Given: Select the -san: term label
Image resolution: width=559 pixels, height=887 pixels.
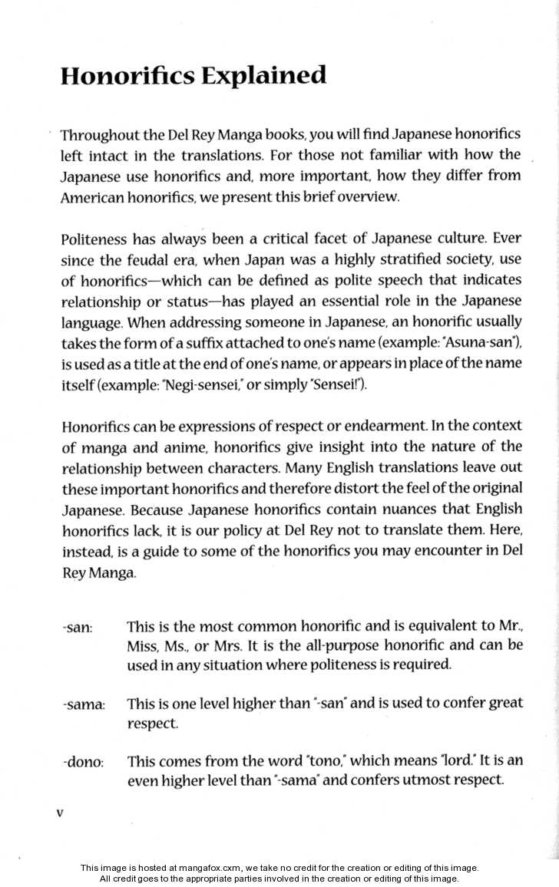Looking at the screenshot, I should (x=77, y=628).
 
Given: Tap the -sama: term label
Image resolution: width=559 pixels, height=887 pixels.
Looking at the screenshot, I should (x=84, y=704).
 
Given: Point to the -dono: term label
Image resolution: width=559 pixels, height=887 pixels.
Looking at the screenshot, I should (x=83, y=763).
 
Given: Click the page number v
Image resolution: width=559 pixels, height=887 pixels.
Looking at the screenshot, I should (x=60, y=813).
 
